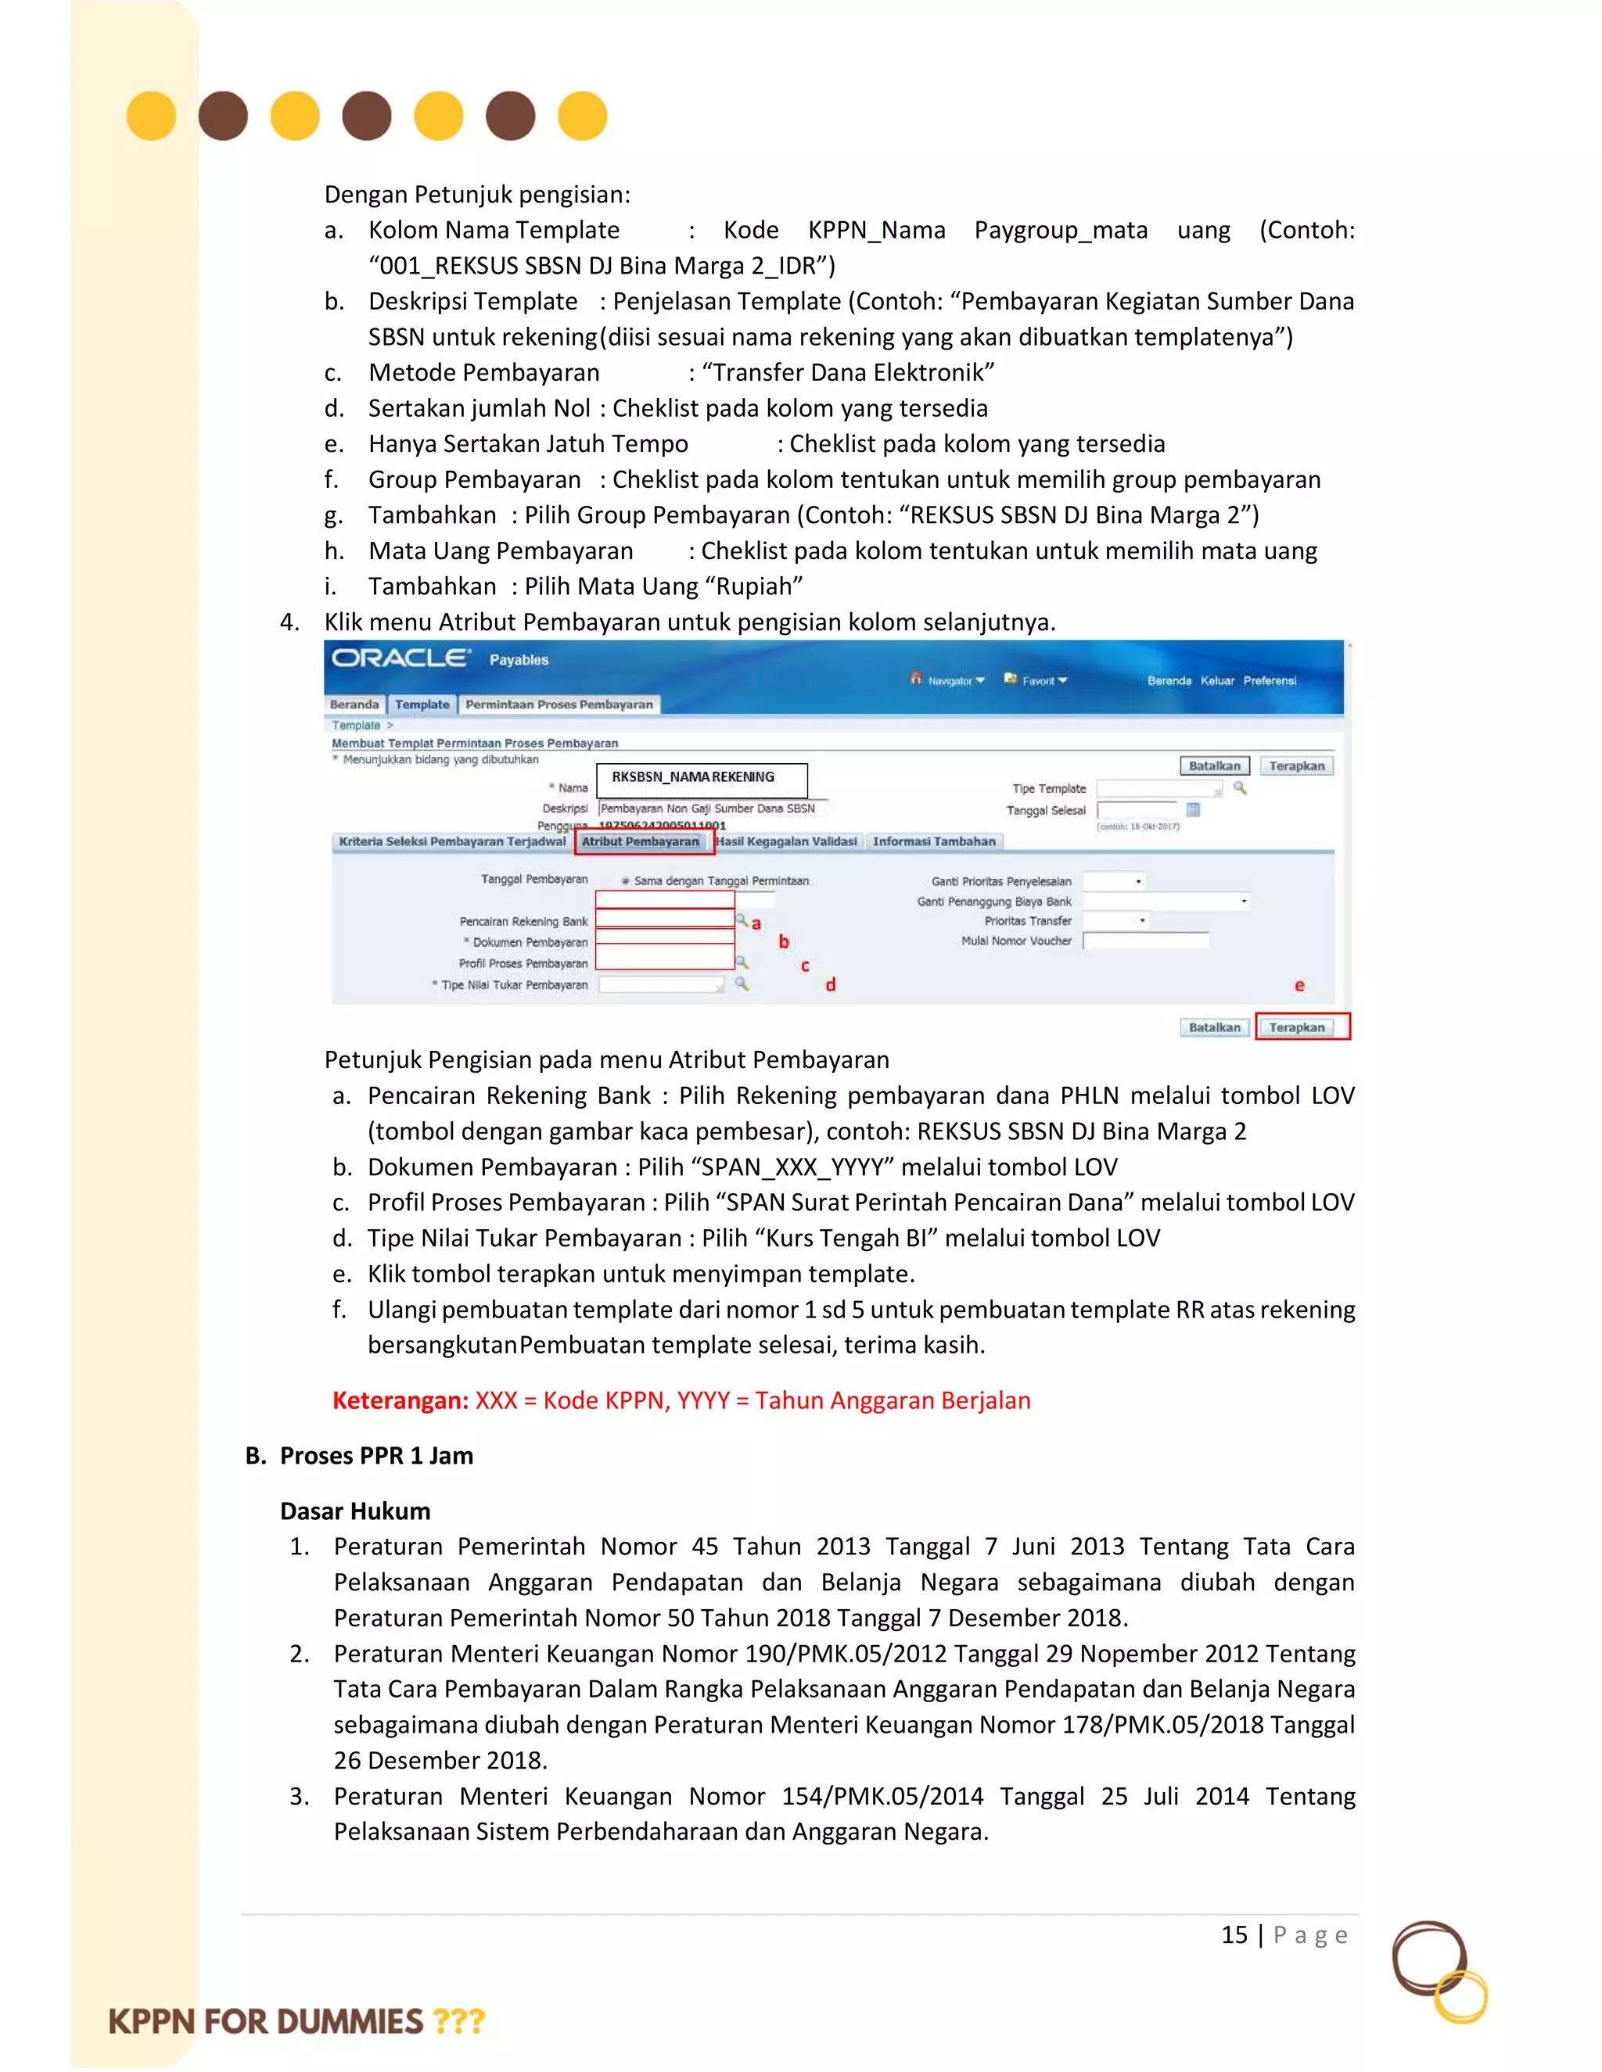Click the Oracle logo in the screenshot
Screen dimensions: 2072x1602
[x=400, y=658]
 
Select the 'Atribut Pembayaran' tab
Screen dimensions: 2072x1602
[x=641, y=841]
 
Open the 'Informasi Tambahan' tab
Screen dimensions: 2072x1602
[x=934, y=841]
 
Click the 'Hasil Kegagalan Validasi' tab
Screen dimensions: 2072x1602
[x=787, y=841]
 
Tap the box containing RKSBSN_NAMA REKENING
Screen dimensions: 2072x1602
[x=702, y=778]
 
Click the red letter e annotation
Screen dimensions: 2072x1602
[x=1299, y=986]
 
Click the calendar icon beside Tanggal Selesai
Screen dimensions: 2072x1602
[x=1193, y=809]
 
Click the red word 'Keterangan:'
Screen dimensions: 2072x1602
[x=400, y=1400]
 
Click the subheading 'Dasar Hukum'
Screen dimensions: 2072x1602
[x=355, y=1511]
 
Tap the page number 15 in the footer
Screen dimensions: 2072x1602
[x=1234, y=1934]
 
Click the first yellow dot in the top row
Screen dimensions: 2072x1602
[x=151, y=116]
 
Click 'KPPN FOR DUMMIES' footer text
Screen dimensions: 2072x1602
[x=267, y=2020]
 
